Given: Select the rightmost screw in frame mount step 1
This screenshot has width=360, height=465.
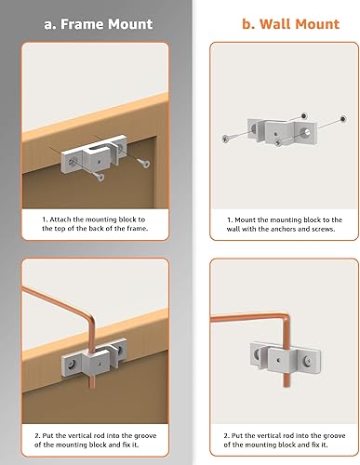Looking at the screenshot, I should coord(142,162).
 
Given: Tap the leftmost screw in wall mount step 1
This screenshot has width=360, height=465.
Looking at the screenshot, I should coord(226,138).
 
